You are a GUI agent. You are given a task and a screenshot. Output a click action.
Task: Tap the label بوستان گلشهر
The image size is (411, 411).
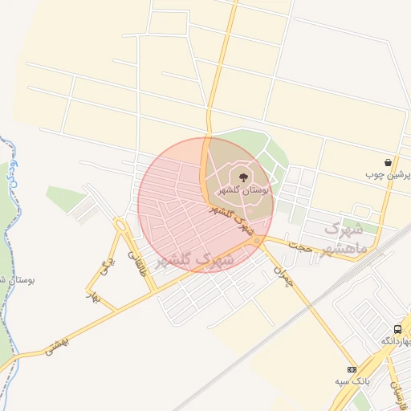(x=244, y=190)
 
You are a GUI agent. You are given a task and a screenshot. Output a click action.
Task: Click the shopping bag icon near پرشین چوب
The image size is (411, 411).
(x=389, y=162)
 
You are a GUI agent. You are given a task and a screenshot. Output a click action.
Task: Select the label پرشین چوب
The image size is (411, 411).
(x=389, y=174)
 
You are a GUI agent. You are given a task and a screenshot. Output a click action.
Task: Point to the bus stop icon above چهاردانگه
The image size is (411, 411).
(x=397, y=329)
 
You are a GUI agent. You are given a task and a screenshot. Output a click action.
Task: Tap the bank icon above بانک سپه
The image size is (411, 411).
(x=350, y=368)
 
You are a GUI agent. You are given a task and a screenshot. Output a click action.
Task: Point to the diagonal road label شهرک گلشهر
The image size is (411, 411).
(x=233, y=219)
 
